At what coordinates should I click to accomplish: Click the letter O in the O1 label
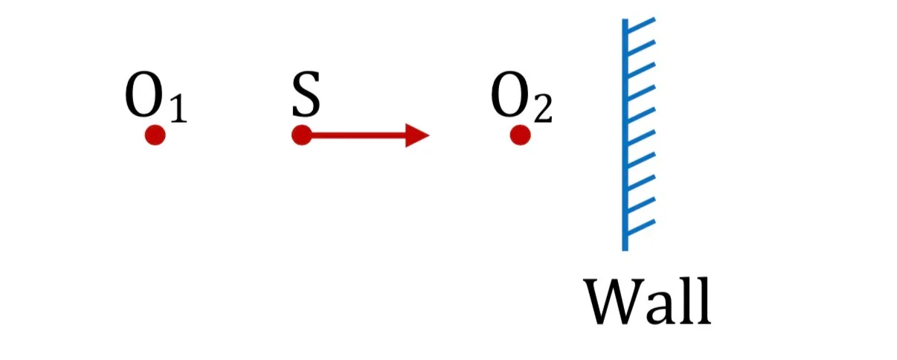pyautogui.click(x=144, y=95)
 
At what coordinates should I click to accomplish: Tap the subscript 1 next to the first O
pyautogui.click(x=179, y=109)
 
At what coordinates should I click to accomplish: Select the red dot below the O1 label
pyautogui.click(x=155, y=135)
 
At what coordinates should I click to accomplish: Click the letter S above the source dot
pyautogui.click(x=306, y=94)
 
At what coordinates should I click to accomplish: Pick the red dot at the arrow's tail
pyautogui.click(x=301, y=135)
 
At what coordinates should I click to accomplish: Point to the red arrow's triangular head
pyautogui.click(x=417, y=135)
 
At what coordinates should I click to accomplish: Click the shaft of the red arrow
pyautogui.click(x=359, y=135)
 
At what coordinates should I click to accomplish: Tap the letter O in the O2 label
pyautogui.click(x=509, y=95)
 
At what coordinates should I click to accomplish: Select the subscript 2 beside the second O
pyautogui.click(x=544, y=109)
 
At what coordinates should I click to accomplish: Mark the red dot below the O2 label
pyautogui.click(x=520, y=135)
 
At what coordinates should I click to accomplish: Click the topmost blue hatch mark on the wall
pyautogui.click(x=641, y=24)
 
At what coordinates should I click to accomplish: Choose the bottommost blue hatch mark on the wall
pyautogui.click(x=641, y=227)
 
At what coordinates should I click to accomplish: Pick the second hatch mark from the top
pyautogui.click(x=641, y=47)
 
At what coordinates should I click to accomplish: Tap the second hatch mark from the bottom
pyautogui.click(x=641, y=205)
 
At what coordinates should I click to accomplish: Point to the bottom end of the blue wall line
pyautogui.click(x=625, y=250)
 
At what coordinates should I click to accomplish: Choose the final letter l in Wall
pyautogui.click(x=701, y=300)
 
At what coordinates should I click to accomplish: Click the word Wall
pyautogui.click(x=647, y=300)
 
